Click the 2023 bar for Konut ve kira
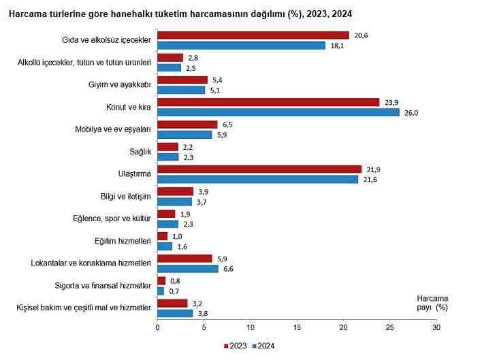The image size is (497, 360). (x=268, y=102)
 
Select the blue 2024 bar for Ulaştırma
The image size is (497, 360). (x=257, y=179)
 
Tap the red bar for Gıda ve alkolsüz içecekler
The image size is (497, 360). (x=253, y=35)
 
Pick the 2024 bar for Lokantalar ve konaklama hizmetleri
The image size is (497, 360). (x=188, y=269)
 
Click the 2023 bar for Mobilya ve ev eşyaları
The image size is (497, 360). (x=187, y=125)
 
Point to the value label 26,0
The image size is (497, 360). (x=411, y=113)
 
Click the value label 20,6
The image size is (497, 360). (x=360, y=35)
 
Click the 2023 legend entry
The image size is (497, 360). (x=235, y=346)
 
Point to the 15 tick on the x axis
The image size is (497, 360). (x=297, y=327)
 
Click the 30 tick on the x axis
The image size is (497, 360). (x=436, y=327)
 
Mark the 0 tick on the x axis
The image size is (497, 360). (x=157, y=327)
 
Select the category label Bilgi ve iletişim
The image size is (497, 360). (x=125, y=197)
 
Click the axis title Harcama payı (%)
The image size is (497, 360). (x=432, y=303)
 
